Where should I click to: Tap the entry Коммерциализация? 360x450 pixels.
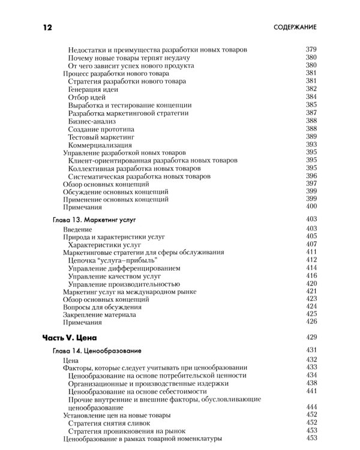click(x=100, y=145)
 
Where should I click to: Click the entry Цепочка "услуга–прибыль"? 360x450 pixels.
click(x=112, y=260)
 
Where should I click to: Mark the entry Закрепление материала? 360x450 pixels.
click(x=99, y=314)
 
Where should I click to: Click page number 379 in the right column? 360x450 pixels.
click(x=311, y=49)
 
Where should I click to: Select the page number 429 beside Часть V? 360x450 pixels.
click(x=311, y=337)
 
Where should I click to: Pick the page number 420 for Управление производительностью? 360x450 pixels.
click(x=311, y=283)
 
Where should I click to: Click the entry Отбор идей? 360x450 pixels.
click(x=87, y=97)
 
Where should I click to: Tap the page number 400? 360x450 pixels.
click(x=311, y=206)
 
